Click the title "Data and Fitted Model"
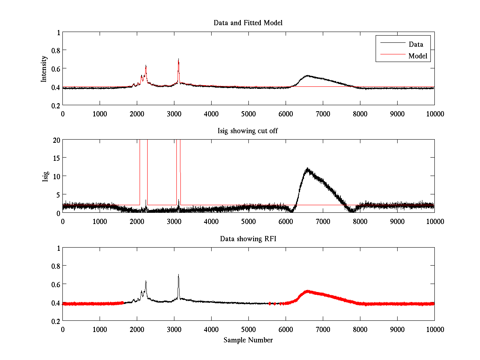coord(248,23)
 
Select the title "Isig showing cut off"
coord(248,131)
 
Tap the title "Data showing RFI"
coord(248,239)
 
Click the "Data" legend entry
coord(416,44)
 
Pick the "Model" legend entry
coord(418,56)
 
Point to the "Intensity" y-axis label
coord(44,69)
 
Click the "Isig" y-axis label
coord(46,176)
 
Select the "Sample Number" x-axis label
coord(248,340)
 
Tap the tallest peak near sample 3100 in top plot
coord(178,59)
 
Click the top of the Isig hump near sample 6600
coord(307,168)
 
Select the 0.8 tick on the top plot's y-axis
coord(55,50)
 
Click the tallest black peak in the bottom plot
coord(178,275)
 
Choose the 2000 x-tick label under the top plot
coord(137,114)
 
